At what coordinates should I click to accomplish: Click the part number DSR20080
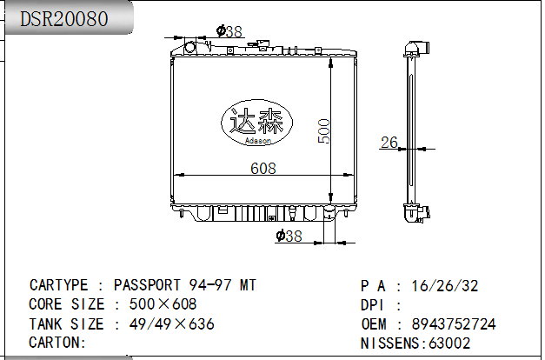tap(64, 19)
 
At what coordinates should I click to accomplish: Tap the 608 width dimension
tap(263, 169)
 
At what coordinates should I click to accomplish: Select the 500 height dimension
tap(323, 131)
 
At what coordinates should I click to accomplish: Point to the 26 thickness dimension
tap(389, 142)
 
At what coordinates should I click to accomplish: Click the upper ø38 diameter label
tap(229, 31)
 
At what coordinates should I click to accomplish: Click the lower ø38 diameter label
tap(289, 236)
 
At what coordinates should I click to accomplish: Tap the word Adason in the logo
tap(257, 141)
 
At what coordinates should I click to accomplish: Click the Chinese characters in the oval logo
tap(256, 121)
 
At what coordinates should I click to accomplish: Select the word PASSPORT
tap(148, 285)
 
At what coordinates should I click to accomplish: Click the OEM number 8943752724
tap(454, 324)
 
